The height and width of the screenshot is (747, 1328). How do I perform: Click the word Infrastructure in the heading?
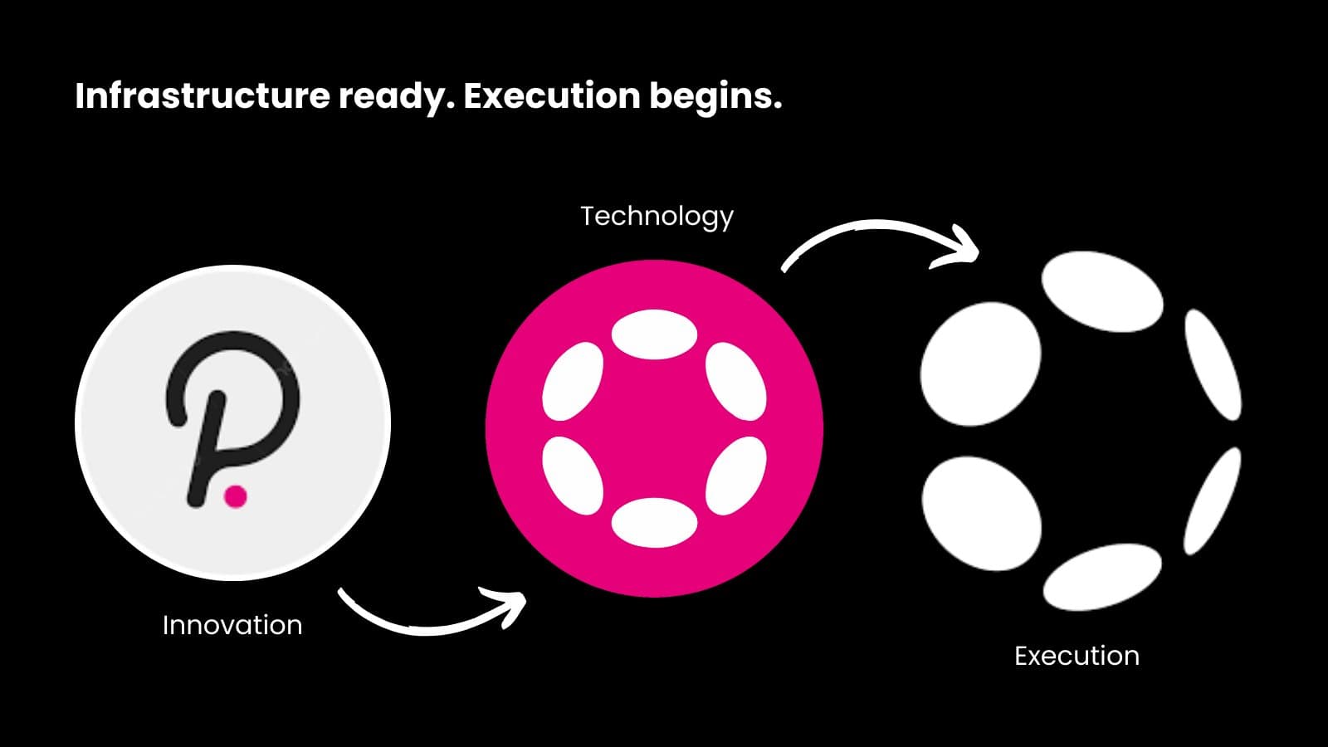(203, 96)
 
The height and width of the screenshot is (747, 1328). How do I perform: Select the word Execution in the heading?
(551, 96)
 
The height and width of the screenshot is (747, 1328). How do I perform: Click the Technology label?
(657, 216)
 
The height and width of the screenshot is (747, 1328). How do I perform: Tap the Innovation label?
(232, 625)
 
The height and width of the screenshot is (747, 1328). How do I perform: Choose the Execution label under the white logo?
(1077, 656)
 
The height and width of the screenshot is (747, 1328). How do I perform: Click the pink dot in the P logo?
(236, 496)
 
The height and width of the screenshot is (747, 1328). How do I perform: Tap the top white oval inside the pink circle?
(654, 334)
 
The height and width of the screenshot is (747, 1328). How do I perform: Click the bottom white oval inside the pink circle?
(654, 523)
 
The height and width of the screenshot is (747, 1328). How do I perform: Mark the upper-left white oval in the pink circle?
(573, 381)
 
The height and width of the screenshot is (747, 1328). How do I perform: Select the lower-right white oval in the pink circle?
(735, 475)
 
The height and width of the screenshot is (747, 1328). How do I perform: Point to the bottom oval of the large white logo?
(1102, 577)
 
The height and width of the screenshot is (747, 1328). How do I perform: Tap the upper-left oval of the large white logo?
(981, 364)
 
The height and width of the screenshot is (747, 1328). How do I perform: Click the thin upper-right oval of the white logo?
(1213, 365)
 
